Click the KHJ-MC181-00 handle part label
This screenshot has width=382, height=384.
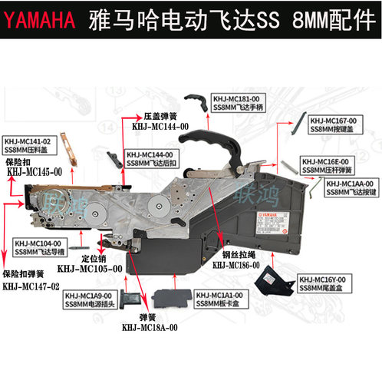click(x=239, y=104)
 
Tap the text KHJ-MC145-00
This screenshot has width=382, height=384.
click(x=35, y=173)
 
